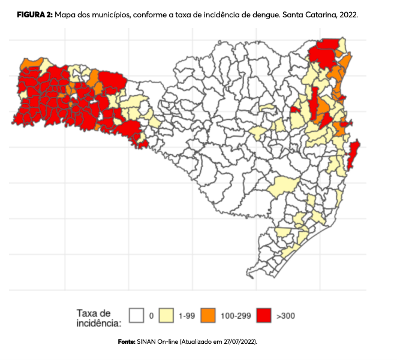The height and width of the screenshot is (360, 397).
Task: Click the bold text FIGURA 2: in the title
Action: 34,14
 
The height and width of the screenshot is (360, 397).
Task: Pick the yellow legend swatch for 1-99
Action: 167,314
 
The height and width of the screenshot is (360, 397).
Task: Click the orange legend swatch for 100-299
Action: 208,314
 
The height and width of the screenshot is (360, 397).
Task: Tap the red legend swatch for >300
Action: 264,314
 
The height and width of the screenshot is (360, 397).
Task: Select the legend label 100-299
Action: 233,315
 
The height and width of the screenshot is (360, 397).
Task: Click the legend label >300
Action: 285,315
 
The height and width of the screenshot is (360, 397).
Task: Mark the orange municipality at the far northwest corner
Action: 29,63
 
